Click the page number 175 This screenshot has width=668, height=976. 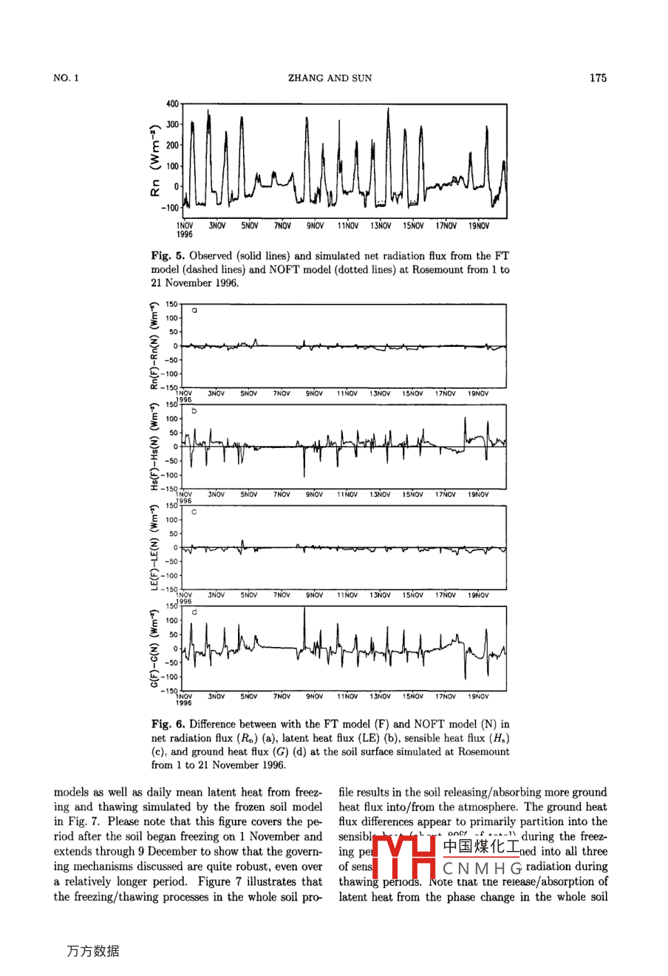click(x=598, y=78)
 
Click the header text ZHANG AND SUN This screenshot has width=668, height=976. click(x=330, y=78)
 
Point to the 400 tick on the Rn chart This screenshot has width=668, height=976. click(x=172, y=104)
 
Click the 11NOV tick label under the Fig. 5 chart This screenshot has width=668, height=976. click(x=348, y=226)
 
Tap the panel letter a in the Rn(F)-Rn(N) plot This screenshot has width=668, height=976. click(x=194, y=311)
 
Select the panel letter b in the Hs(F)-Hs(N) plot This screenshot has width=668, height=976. click(x=194, y=411)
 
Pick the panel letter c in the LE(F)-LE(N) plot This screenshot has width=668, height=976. click(x=194, y=512)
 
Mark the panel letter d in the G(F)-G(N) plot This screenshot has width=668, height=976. click(x=194, y=612)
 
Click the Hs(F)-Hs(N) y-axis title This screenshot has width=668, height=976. click(x=154, y=447)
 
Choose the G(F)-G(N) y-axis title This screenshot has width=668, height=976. click(x=154, y=648)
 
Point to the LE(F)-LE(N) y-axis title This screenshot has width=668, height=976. click(x=154, y=547)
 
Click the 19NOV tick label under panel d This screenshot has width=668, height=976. click(x=478, y=696)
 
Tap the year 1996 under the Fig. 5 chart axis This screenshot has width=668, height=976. click(x=184, y=234)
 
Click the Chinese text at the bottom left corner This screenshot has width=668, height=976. click(x=92, y=951)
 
